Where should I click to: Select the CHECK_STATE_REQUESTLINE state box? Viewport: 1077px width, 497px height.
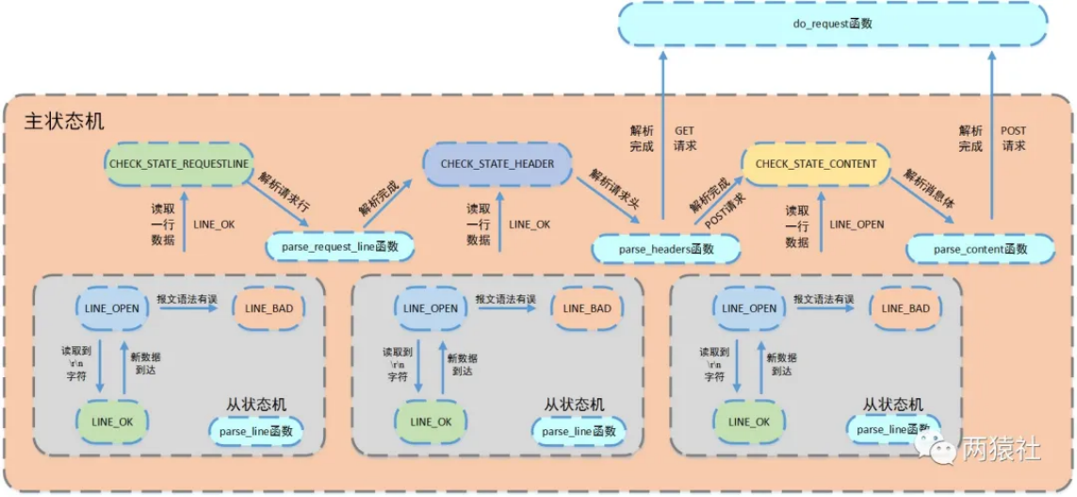point(179,163)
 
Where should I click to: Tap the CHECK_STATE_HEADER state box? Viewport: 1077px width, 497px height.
point(498,163)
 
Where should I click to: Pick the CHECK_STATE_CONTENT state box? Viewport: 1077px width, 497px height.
point(815,163)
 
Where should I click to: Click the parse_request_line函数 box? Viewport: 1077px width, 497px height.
point(340,246)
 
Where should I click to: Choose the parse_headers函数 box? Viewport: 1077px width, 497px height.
point(665,249)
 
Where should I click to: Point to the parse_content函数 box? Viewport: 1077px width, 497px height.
point(980,249)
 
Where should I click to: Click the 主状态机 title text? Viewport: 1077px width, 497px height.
point(65,123)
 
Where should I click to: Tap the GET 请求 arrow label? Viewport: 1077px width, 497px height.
point(686,138)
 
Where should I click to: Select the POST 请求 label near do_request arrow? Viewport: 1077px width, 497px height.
point(1012,138)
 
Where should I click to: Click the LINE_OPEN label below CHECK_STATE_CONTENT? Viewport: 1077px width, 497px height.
point(857,224)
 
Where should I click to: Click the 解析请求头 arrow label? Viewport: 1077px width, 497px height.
point(612,191)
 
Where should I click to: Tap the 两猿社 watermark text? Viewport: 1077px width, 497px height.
point(1001,450)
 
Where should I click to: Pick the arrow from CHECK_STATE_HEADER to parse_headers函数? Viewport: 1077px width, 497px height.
point(608,201)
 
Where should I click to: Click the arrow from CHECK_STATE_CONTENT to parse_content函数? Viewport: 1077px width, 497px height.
point(922,201)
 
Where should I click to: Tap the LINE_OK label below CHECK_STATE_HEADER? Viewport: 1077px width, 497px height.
point(530,224)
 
